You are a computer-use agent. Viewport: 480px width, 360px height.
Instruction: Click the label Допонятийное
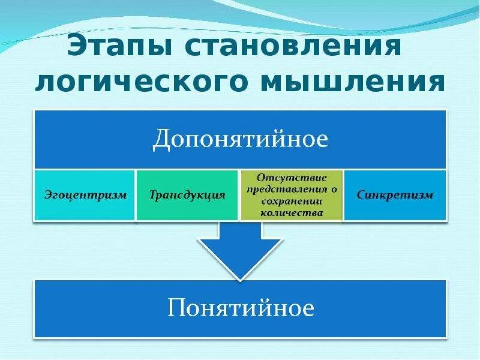[240, 139]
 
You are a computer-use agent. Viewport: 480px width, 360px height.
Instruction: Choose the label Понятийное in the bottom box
[240, 308]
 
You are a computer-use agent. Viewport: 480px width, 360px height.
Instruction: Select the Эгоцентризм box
[85, 195]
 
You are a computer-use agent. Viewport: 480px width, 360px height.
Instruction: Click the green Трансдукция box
[187, 195]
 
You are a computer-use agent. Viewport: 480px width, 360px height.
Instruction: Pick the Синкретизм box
[394, 195]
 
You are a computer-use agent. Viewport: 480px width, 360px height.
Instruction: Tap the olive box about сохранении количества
[292, 195]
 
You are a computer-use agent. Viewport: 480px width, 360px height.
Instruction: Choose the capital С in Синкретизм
[359, 195]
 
